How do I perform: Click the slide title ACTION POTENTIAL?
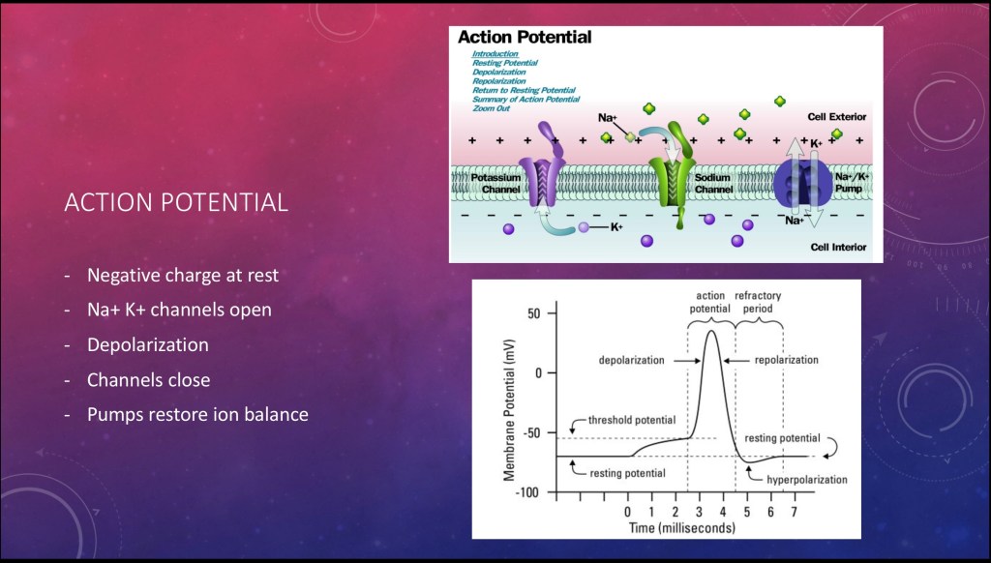pos(176,202)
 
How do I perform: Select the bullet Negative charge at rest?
pos(183,276)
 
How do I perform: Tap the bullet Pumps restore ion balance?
pos(197,414)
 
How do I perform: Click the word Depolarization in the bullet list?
pos(148,345)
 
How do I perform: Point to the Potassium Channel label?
pos(496,183)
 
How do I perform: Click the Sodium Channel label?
pos(713,183)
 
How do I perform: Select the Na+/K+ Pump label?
pos(852,183)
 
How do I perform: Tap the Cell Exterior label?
pos(837,117)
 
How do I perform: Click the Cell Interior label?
pos(838,247)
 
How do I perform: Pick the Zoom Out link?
pos(491,108)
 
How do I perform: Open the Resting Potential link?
pos(505,63)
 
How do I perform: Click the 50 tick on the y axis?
pos(534,313)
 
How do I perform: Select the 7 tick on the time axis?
pos(795,512)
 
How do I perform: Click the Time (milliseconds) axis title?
pos(682,528)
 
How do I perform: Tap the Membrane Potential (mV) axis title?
pos(509,410)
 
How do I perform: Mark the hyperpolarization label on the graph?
pos(807,480)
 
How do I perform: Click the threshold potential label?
pos(631,420)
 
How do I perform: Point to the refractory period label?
pos(758,302)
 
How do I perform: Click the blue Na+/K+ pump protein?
pos(801,183)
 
